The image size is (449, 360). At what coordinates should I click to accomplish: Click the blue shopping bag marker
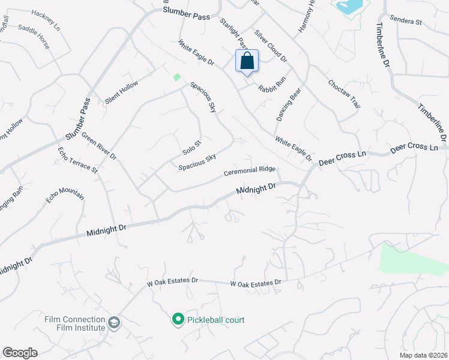(x=247, y=62)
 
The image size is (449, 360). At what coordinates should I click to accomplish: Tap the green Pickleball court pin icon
(x=178, y=320)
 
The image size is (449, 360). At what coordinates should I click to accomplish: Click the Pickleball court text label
(x=215, y=320)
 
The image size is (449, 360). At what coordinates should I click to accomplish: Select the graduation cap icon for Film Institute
(x=113, y=324)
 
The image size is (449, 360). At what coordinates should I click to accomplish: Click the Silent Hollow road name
(x=121, y=92)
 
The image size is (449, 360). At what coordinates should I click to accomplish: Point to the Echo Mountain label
(x=65, y=196)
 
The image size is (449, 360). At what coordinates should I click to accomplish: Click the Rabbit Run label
(x=273, y=83)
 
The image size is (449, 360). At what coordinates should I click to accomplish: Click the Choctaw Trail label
(x=344, y=94)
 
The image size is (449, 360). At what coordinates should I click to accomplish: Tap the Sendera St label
(x=406, y=20)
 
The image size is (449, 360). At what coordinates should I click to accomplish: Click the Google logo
(x=20, y=353)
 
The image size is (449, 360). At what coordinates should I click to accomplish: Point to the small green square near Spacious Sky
(x=176, y=77)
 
